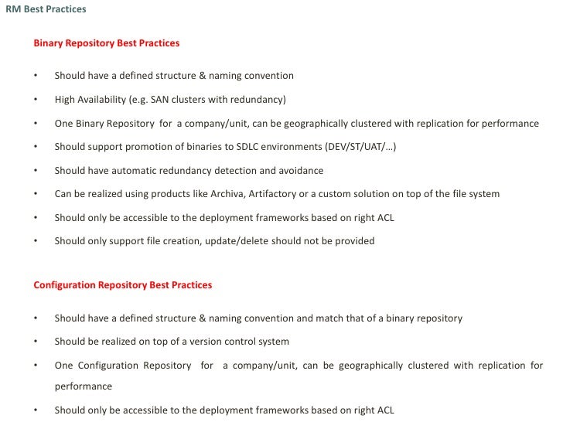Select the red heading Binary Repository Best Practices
point(107,43)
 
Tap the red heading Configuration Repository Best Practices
point(123,285)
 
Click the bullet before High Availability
point(36,100)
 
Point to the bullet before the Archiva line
point(36,195)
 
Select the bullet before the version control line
point(36,342)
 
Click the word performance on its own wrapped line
point(83,386)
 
